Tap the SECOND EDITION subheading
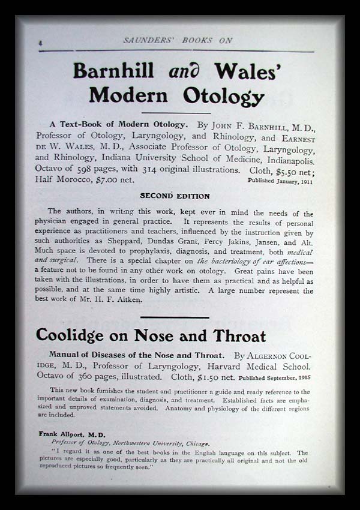pyautogui.click(x=175, y=196)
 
